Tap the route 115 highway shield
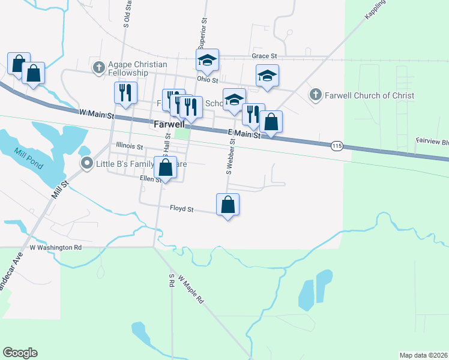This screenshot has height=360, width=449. click(x=336, y=146)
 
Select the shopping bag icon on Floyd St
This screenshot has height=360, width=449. click(x=228, y=205)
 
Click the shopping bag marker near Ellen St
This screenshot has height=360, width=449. click(x=166, y=168)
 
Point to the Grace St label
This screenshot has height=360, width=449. click(x=264, y=56)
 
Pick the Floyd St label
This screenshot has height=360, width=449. click(x=181, y=209)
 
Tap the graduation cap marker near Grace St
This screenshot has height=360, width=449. click(x=207, y=60)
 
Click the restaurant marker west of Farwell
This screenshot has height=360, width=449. click(x=126, y=92)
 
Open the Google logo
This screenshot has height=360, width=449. click(x=20, y=353)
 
